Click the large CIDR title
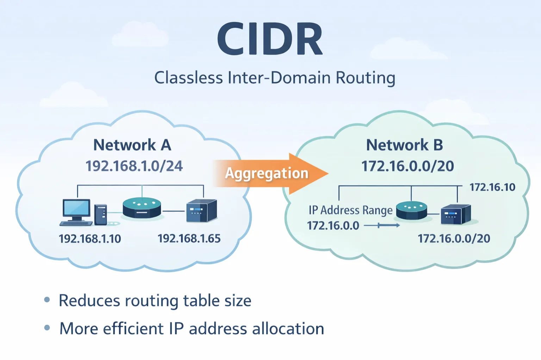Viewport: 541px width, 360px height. point(270,39)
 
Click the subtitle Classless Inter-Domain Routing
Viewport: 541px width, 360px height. point(275,78)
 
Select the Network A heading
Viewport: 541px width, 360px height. point(132,145)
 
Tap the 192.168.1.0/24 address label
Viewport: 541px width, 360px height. point(134,166)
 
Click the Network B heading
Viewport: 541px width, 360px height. point(404,145)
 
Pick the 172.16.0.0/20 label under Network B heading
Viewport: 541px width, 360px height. point(408,166)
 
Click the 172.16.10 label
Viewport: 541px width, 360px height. point(492,187)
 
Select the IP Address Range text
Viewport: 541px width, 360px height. point(350,210)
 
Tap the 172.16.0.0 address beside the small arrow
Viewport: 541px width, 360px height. point(333,226)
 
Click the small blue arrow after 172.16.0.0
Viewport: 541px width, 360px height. point(382,226)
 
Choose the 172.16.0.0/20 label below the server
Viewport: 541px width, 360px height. point(454,239)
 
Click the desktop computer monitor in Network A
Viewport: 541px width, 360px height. point(76,209)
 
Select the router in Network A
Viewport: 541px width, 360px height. point(142,208)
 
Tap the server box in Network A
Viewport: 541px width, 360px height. point(201,211)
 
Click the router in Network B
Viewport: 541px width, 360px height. point(411,210)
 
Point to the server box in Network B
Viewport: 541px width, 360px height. point(455,214)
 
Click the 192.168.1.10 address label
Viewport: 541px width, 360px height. point(90,239)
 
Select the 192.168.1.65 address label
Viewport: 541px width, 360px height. point(189,239)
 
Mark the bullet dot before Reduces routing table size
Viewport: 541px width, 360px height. point(47,300)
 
